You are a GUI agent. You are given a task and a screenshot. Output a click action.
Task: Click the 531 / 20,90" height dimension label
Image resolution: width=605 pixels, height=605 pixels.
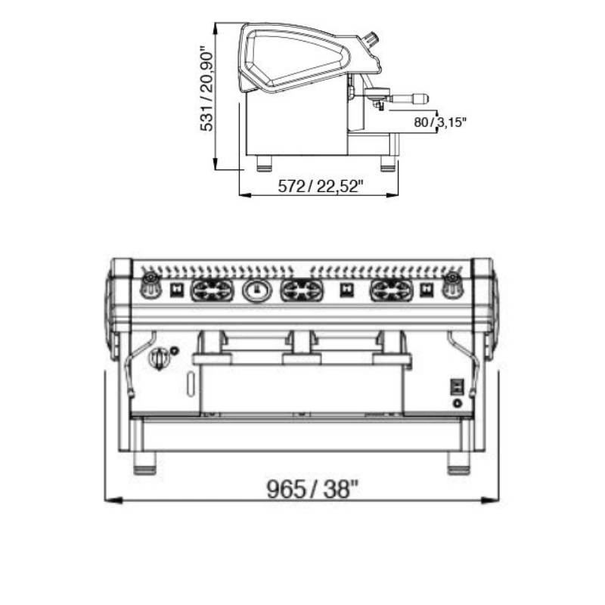[206, 89]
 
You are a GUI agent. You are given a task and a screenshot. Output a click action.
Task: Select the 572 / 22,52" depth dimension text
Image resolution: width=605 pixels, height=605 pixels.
[321, 186]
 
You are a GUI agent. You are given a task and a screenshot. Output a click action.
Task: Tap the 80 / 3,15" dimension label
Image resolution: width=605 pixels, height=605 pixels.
[440, 123]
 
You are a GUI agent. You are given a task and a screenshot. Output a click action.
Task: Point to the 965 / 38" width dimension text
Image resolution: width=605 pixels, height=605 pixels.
[312, 489]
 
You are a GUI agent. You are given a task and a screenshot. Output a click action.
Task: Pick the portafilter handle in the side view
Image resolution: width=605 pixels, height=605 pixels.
[409, 98]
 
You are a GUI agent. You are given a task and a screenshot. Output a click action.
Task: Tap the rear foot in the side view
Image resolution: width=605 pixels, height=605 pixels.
[265, 163]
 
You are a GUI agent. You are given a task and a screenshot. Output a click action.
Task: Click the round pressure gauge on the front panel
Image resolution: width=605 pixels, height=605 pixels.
[256, 290]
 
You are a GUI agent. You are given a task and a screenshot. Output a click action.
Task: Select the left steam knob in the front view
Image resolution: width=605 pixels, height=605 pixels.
[150, 286]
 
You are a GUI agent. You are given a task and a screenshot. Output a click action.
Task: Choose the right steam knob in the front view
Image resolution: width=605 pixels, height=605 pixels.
[452, 286]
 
